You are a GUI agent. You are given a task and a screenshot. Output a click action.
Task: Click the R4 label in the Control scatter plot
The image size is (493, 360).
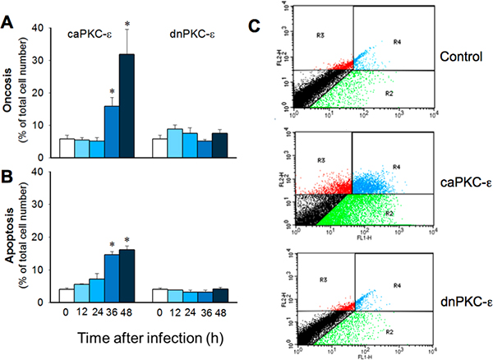tap(397, 41)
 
